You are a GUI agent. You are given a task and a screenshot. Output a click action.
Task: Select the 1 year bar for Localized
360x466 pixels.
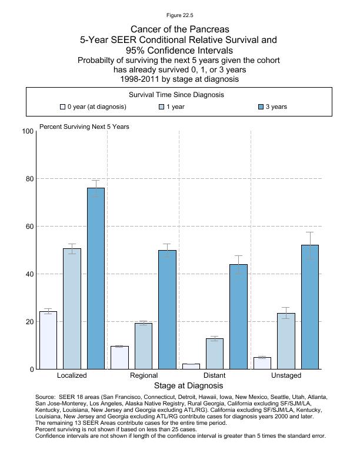[x=72, y=309]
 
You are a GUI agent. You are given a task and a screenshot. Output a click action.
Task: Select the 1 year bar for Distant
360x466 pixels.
[x=215, y=354]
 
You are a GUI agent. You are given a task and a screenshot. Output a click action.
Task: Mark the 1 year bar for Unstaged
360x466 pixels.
[x=286, y=341]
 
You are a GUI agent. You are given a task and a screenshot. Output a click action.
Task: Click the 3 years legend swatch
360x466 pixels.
[x=261, y=107]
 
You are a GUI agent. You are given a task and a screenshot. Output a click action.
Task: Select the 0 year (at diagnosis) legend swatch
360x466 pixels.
[x=62, y=107]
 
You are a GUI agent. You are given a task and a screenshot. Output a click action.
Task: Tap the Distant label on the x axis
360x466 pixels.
[x=214, y=375]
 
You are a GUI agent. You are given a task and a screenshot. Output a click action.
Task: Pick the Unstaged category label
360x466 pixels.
[x=286, y=375]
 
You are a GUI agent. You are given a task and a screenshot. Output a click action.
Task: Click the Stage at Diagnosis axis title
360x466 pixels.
[x=188, y=386]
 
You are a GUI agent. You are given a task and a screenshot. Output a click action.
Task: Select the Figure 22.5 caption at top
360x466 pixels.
[x=180, y=15]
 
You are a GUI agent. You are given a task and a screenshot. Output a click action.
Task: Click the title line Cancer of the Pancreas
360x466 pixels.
[x=179, y=29]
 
